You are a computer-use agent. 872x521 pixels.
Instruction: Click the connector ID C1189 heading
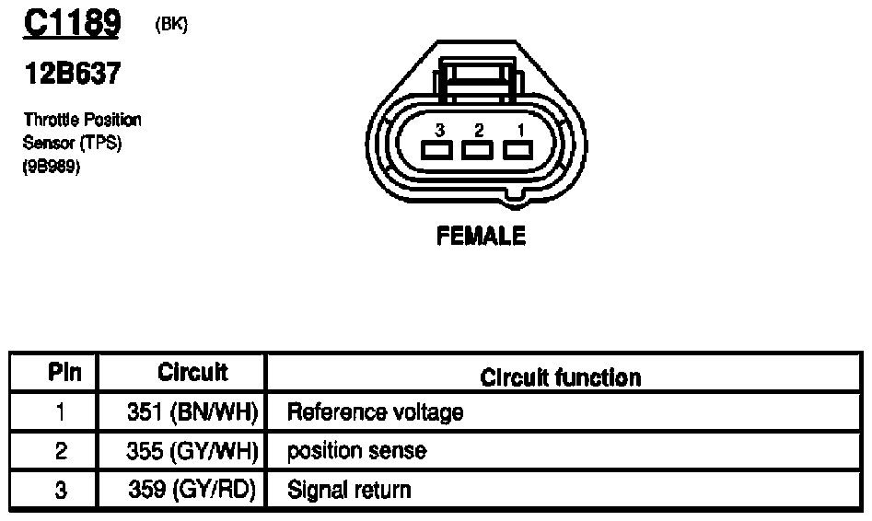tap(71, 24)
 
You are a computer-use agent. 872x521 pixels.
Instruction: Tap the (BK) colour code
tap(172, 26)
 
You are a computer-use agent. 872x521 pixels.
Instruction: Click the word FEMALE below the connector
tap(481, 237)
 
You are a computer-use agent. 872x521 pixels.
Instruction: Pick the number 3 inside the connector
tap(440, 130)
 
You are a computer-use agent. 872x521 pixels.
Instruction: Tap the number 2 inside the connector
tap(479, 130)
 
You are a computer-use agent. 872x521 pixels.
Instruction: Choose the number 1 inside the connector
tap(518, 130)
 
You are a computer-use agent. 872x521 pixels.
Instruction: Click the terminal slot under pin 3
tap(436, 151)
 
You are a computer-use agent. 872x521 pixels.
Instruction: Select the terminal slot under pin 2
tap(477, 151)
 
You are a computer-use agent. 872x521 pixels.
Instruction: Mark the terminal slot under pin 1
tap(517, 151)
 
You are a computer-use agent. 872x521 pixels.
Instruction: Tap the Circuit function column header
tap(561, 376)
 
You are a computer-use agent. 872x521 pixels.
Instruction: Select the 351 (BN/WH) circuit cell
tap(192, 412)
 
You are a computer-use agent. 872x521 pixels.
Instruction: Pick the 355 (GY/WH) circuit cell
tap(192, 451)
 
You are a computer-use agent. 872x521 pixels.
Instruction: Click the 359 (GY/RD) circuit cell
tap(192, 489)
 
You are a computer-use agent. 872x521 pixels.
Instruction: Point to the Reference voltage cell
tap(375, 412)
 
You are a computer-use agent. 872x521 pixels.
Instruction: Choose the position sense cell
tap(356, 451)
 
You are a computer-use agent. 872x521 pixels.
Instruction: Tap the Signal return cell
tap(349, 489)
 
